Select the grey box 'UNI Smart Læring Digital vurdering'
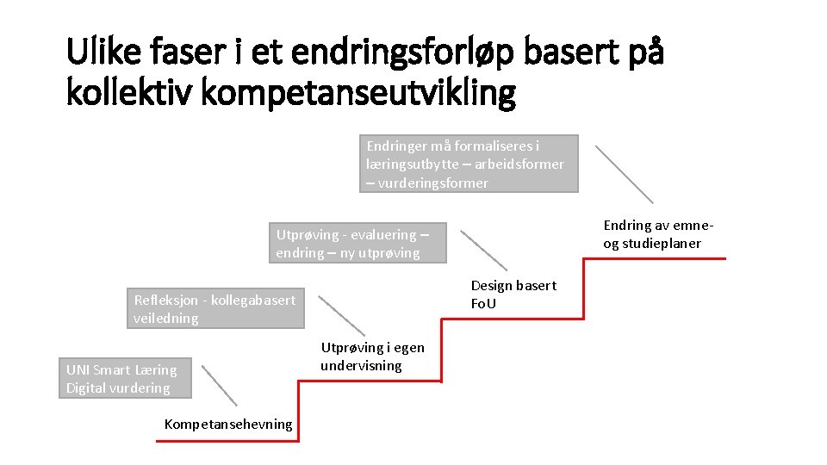(x=125, y=379)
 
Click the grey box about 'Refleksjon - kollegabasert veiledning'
(x=215, y=308)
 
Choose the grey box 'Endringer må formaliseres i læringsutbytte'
(x=469, y=164)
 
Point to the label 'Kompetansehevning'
(x=228, y=424)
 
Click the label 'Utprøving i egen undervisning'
(x=372, y=356)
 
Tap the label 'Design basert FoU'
(x=513, y=294)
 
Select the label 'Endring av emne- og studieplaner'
(x=658, y=234)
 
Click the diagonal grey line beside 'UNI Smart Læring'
(x=220, y=384)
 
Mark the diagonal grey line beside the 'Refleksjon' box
(x=342, y=314)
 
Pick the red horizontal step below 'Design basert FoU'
(x=513, y=319)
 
